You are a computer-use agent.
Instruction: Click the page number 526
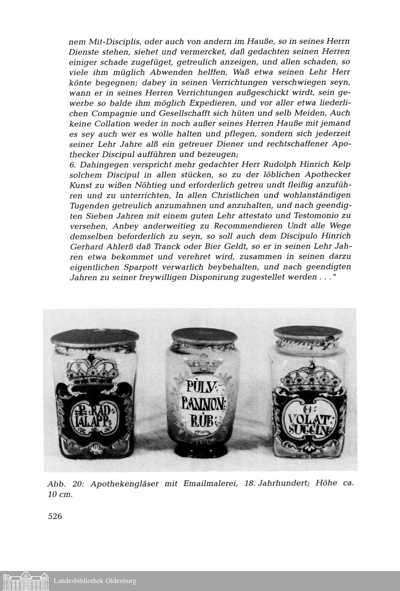(x=55, y=516)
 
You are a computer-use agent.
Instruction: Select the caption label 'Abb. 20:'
(x=65, y=483)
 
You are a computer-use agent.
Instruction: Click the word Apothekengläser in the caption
(x=126, y=484)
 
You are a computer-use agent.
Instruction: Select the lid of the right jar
(x=305, y=334)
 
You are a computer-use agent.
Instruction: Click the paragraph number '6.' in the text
(x=73, y=164)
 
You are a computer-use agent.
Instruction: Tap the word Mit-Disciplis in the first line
(x=109, y=42)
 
